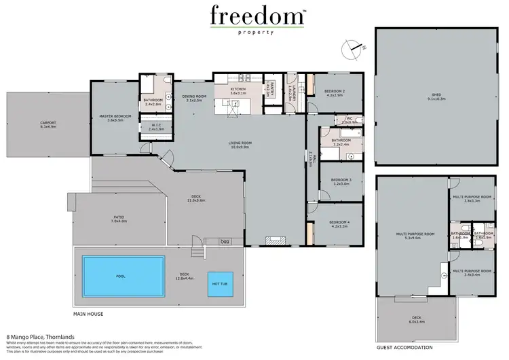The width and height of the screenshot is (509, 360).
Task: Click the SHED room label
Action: (x=436, y=96)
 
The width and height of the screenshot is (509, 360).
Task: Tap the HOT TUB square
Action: (x=220, y=283)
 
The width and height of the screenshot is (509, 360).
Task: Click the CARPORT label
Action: (x=48, y=123)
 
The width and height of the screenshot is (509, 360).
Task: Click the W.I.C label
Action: (x=157, y=125)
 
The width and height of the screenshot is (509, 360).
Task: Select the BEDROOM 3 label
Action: (x=341, y=180)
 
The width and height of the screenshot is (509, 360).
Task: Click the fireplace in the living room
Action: (x=274, y=239)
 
